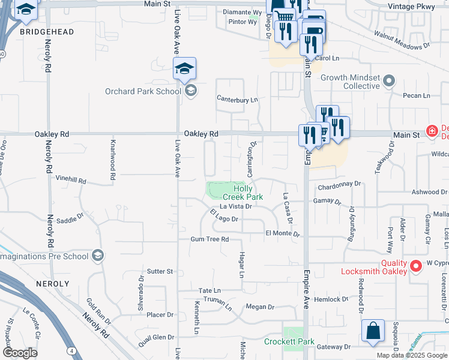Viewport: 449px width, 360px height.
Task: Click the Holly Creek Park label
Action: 243,193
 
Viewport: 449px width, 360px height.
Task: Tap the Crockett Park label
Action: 289,341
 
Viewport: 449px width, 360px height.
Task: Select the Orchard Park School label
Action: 142,92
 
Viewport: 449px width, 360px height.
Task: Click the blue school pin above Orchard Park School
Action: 185,68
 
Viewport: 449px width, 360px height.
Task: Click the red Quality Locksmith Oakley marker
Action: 415,265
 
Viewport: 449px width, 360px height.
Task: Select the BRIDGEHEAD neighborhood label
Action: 47,31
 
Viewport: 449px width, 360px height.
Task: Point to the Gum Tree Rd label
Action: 209,239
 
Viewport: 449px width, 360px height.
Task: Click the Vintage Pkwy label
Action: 421,4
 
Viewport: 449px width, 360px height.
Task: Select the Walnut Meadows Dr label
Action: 402,40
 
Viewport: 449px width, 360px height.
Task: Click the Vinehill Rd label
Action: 71,180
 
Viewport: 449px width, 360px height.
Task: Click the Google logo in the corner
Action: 19,353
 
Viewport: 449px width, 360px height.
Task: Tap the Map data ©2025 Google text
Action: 411,355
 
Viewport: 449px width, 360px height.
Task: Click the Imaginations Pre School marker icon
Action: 97,256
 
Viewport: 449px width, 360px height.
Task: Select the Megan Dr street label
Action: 259,307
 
